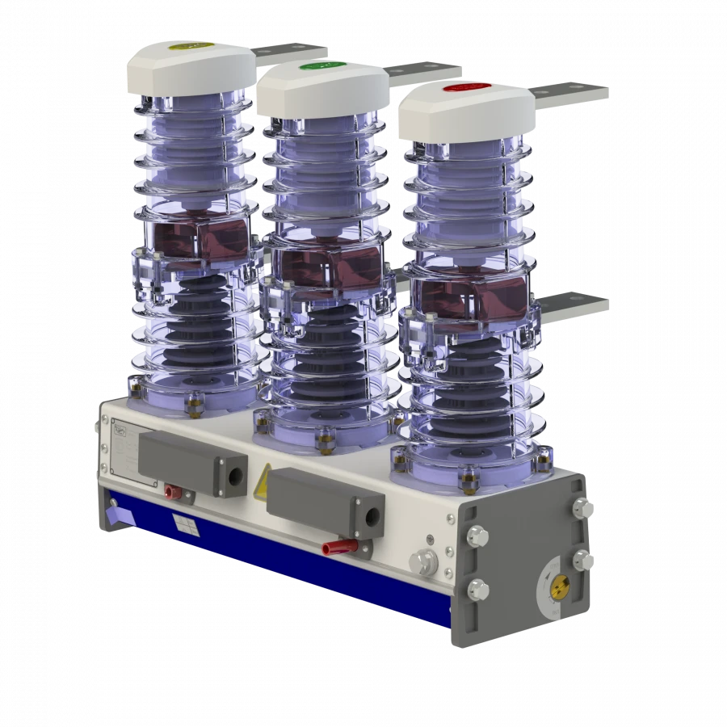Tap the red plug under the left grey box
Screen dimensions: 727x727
[x=171, y=491]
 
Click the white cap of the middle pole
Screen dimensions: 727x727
[x=323, y=89]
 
